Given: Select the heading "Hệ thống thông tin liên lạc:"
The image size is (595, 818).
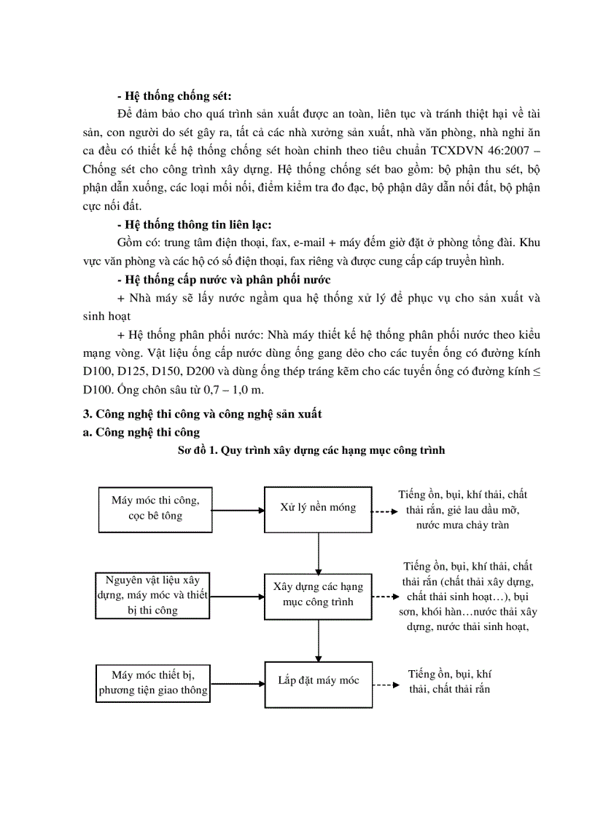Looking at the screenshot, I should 194,224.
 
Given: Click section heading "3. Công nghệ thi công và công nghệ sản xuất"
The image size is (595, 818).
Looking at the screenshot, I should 202,414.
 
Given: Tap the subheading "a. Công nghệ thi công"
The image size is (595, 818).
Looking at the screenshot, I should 141,432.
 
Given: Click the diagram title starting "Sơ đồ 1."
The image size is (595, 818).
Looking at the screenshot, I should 311,450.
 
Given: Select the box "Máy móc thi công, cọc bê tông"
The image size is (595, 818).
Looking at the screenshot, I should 155,508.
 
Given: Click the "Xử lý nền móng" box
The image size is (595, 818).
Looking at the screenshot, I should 318,508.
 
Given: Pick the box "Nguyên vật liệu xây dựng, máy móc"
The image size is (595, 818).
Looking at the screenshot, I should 152,595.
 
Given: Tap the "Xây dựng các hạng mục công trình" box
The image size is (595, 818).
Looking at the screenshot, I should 318,594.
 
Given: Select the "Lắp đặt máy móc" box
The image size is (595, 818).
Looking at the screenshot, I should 318,682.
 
